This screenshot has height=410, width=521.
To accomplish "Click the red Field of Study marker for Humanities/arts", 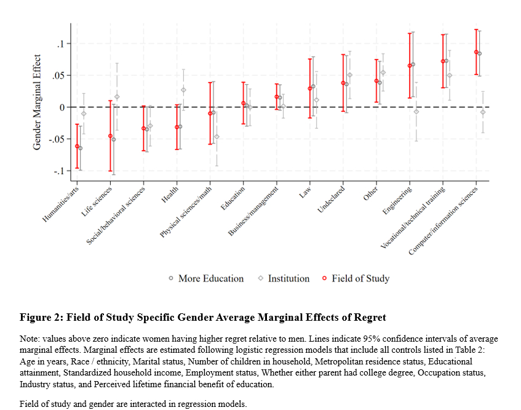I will [x=77, y=146].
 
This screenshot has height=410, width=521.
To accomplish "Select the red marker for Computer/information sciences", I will [x=476, y=52].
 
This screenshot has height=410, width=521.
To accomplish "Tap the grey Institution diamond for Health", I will [x=183, y=90].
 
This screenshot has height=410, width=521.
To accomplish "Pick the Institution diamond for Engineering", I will [x=416, y=111].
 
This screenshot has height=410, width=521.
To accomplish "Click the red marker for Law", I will [x=310, y=89].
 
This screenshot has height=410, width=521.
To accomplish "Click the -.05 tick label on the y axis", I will [x=57, y=139].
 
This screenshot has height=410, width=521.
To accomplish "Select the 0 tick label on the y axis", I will [x=62, y=107].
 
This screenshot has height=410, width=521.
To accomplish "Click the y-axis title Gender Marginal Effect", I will [x=38, y=102].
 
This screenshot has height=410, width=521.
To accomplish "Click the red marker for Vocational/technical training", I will [x=443, y=61].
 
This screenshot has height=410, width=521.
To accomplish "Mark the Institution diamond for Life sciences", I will [x=117, y=97].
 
